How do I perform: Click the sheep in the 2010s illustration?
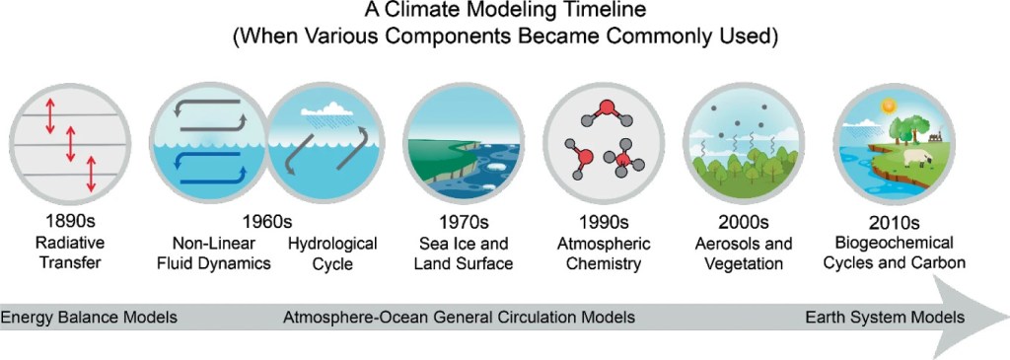(915, 158)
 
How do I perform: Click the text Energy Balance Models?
(89, 317)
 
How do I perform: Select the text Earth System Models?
(885, 317)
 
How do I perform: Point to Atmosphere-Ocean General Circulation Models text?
(460, 317)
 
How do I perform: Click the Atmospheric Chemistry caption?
(603, 253)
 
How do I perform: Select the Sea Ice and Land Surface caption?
(464, 253)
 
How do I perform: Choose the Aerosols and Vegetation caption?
(744, 253)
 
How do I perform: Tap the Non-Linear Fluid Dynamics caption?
(213, 253)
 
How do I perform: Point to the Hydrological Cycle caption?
(332, 253)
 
